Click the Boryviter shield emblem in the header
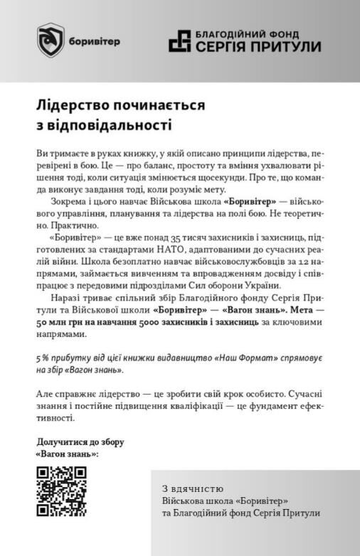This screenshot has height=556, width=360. (51, 40)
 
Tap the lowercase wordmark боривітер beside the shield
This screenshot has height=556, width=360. (95, 41)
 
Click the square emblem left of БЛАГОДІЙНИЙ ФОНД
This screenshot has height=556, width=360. (180, 41)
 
